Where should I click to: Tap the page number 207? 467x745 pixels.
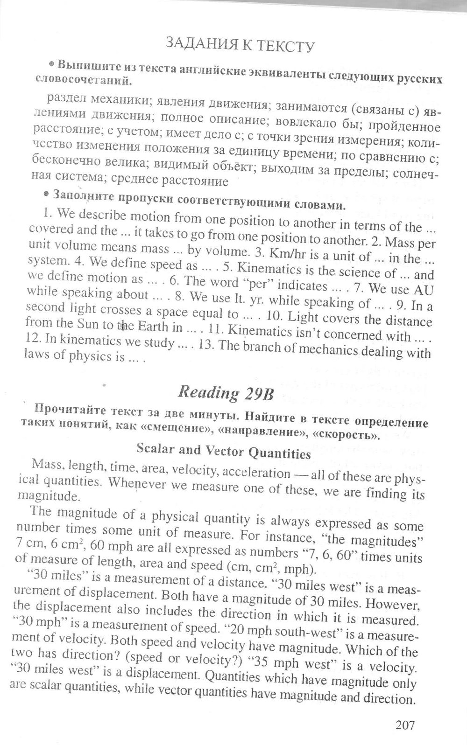(x=405, y=724)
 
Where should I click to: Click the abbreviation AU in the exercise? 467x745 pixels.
(x=424, y=290)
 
